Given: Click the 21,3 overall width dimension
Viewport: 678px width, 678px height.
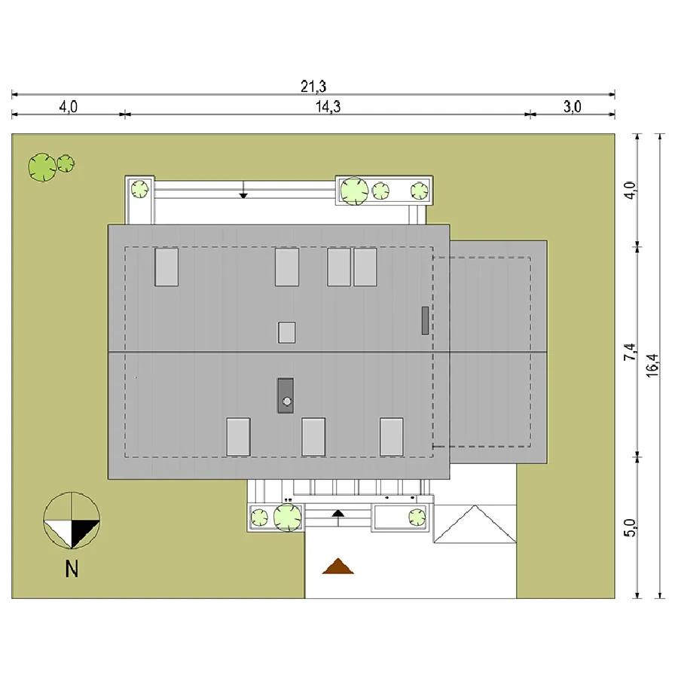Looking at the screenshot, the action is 313,87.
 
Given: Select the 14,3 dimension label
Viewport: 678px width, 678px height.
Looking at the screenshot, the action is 328,106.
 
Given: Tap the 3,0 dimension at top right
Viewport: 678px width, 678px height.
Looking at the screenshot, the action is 572,106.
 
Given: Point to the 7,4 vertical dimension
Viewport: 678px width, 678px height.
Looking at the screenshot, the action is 630,352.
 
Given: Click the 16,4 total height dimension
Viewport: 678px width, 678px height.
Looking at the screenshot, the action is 652,365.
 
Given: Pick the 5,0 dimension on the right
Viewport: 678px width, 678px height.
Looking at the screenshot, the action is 630,528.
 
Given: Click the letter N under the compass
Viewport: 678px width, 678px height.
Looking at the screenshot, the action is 72,569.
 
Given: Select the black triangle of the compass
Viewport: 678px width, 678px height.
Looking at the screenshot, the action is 84,532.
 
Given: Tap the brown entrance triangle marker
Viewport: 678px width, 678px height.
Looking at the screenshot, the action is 338,566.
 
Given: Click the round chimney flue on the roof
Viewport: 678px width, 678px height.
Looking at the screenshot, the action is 287,402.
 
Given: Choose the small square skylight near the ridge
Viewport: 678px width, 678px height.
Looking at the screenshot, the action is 287,332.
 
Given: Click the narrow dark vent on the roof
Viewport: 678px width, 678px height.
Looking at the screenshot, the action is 425,320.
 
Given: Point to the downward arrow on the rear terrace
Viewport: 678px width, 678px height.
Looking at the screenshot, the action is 243,190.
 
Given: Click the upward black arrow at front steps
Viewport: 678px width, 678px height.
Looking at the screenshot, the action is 338,518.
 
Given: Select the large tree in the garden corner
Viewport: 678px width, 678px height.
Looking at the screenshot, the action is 42,167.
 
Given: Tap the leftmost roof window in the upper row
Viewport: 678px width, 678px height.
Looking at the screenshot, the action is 166,267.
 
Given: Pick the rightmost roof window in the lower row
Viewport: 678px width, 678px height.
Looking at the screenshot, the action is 392,437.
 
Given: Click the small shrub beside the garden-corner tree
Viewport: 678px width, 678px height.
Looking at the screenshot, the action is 66,163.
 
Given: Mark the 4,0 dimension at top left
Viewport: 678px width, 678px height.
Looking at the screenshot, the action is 69,106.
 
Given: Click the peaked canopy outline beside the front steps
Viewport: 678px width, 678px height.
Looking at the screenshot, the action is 475,524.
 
